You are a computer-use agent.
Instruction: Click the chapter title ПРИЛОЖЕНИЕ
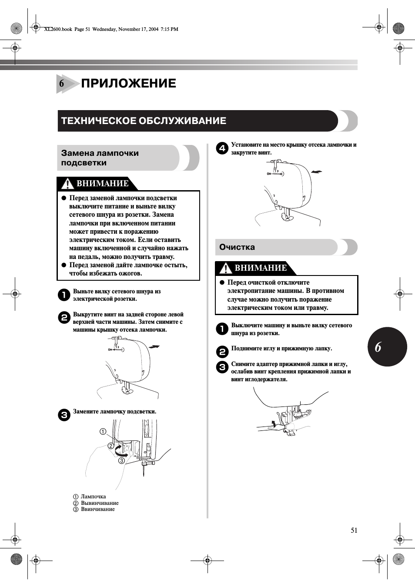coord(128,83)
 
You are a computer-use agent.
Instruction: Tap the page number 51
coord(354,530)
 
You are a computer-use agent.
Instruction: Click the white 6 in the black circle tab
coord(378,347)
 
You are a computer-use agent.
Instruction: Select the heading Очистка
coord(237,247)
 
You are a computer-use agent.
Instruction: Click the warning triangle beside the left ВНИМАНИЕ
coord(67,184)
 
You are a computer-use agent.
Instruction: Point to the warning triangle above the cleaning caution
coord(225,268)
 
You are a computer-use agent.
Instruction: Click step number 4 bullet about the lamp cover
coord(222,148)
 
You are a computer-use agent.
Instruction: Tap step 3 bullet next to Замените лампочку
coord(64,415)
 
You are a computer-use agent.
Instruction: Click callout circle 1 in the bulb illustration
coord(103,431)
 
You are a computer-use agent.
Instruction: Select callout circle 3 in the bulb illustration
coord(122,460)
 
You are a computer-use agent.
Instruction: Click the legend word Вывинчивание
coord(100,503)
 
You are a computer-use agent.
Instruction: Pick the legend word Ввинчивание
coord(98,509)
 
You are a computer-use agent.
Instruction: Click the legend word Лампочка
coord(93,497)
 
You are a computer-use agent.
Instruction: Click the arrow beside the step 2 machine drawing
coord(154,347)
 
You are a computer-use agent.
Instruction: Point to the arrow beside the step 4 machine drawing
coord(317,172)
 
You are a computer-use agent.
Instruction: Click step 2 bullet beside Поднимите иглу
coord(222,352)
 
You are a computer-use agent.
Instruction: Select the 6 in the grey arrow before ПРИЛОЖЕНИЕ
coord(62,84)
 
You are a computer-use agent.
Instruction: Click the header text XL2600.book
coord(58,29)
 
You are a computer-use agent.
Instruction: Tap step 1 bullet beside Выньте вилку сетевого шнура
coord(64,295)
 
